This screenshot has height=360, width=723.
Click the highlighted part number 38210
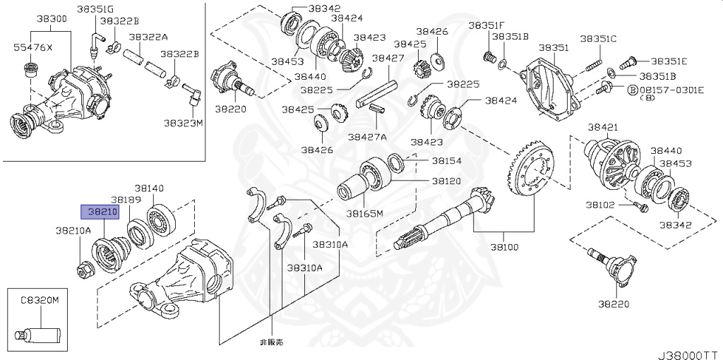[x=100, y=211]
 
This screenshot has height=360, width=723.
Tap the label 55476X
[x=33, y=48]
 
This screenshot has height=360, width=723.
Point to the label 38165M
[x=364, y=212]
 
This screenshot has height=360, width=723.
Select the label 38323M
[x=183, y=122]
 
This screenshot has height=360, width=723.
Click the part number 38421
[x=603, y=126]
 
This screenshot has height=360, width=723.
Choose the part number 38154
[x=446, y=161]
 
